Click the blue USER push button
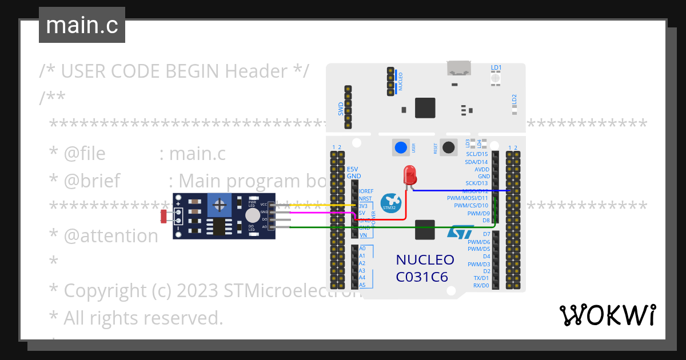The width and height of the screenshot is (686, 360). point(401,147)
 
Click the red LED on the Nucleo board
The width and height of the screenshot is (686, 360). point(409,174)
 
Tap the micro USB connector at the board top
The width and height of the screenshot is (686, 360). point(459,69)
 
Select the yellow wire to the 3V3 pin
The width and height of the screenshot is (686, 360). point(320,205)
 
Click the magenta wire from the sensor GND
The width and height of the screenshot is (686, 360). point(320,212)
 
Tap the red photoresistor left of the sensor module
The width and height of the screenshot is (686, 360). point(164,216)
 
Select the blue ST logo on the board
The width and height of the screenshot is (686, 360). point(460,231)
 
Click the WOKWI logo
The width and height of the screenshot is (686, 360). point(607,315)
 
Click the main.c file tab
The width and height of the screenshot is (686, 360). point(82,25)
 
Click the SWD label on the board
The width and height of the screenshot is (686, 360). point(341,108)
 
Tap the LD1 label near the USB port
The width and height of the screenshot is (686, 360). point(496,67)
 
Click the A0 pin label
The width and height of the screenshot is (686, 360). point(362,249)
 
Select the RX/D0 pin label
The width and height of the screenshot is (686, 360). point(481,285)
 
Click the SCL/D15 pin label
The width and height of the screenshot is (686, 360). point(477,154)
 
